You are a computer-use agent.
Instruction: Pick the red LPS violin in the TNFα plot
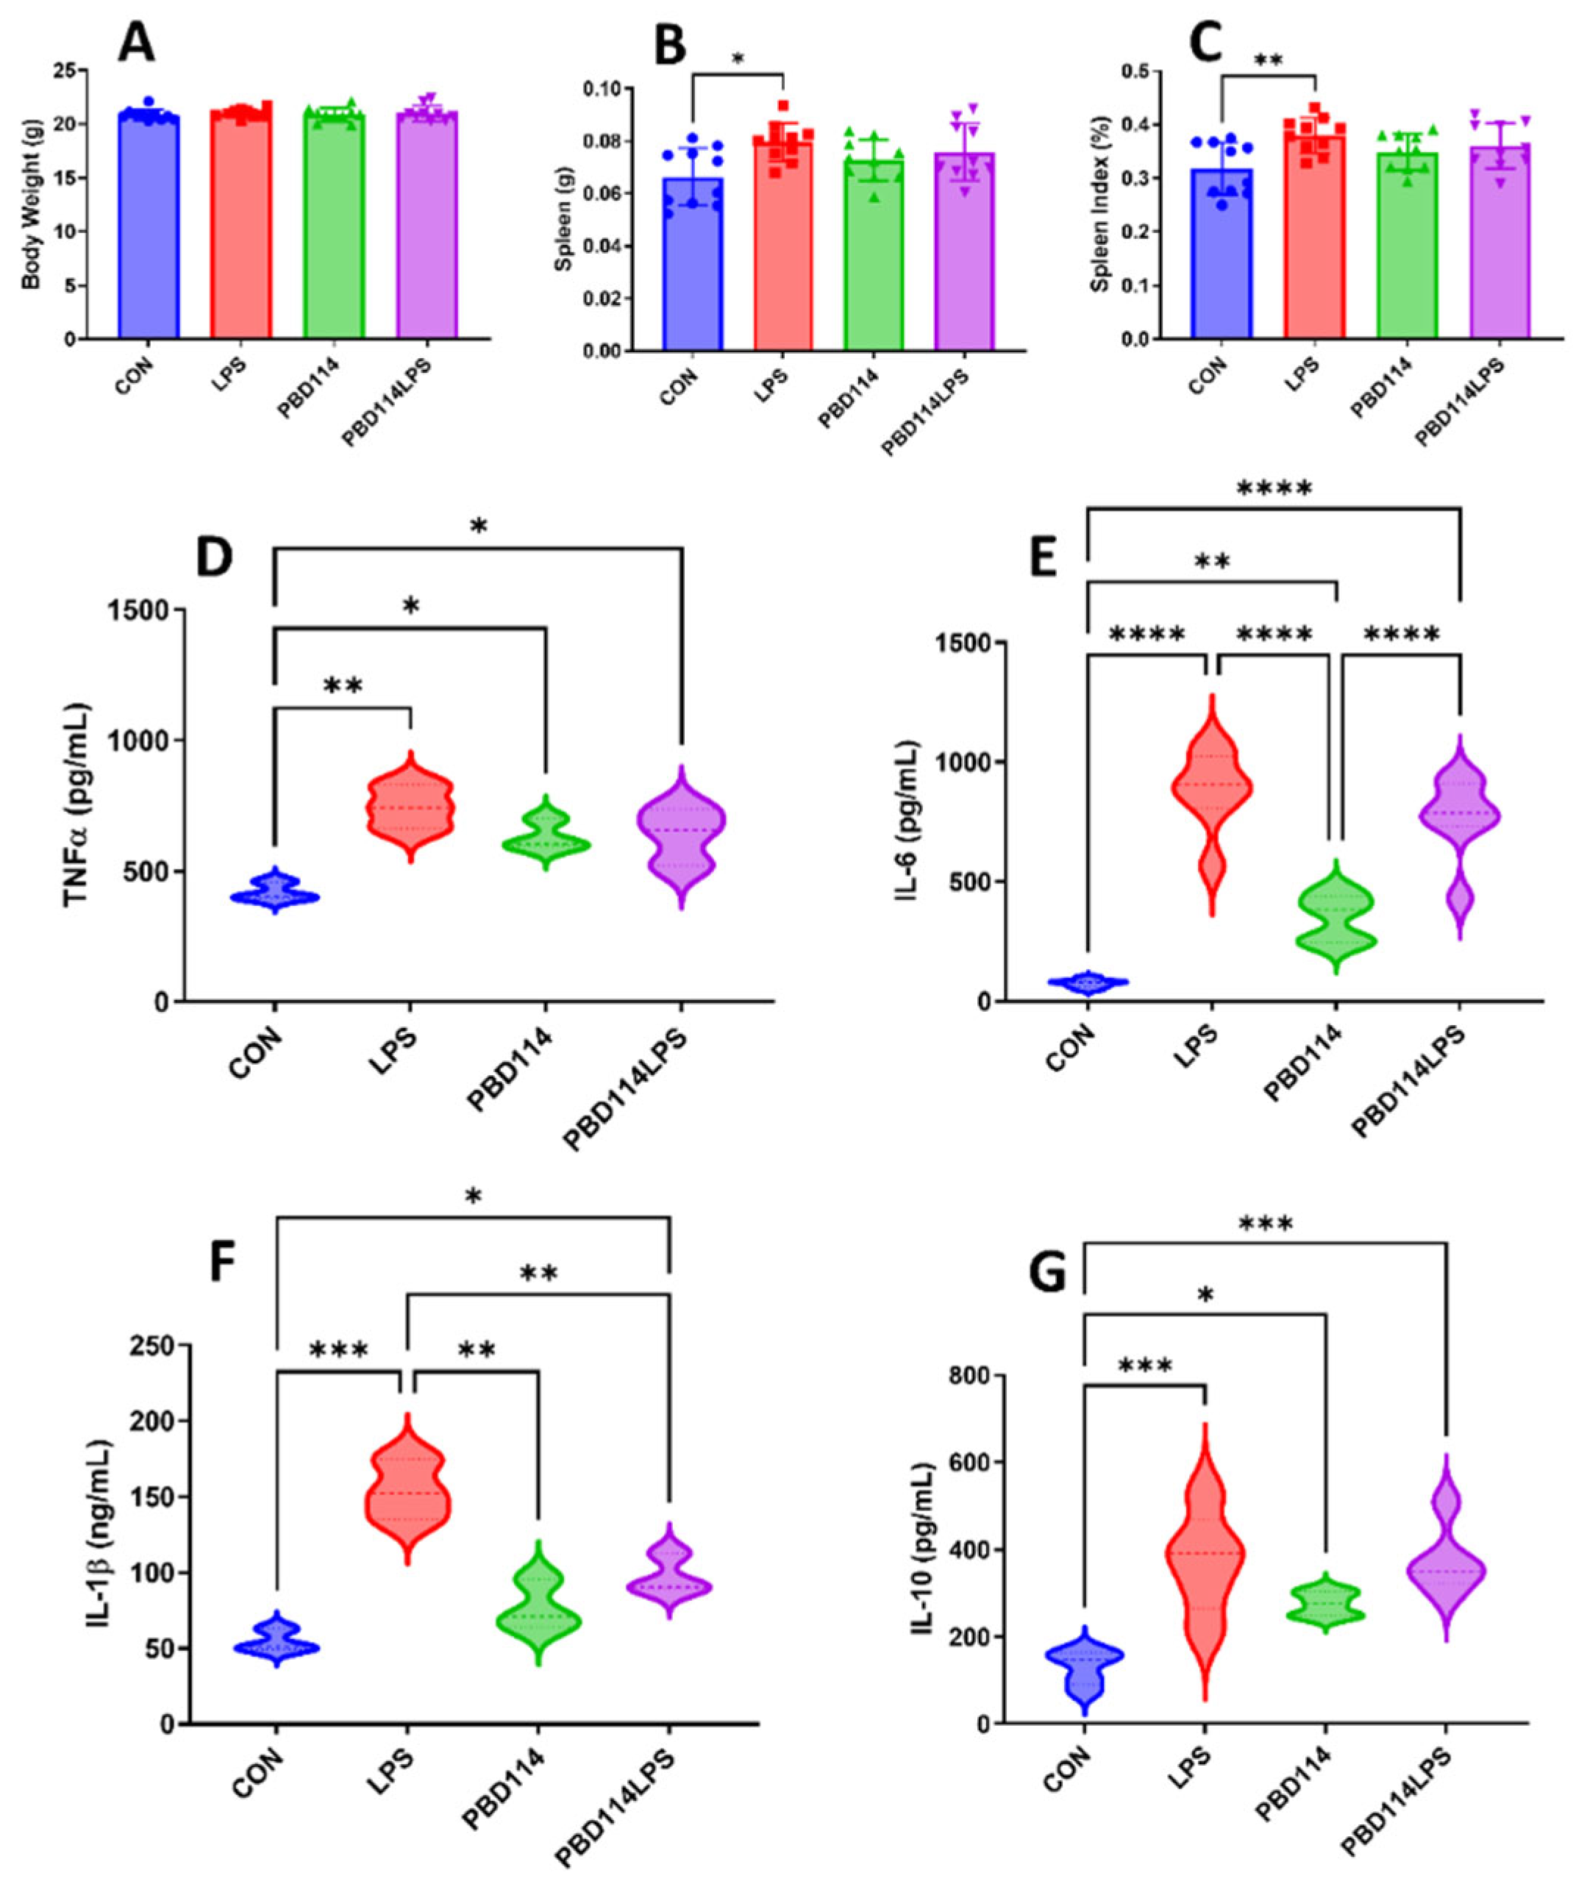[411, 807]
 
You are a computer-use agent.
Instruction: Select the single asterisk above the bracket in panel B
[738, 60]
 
